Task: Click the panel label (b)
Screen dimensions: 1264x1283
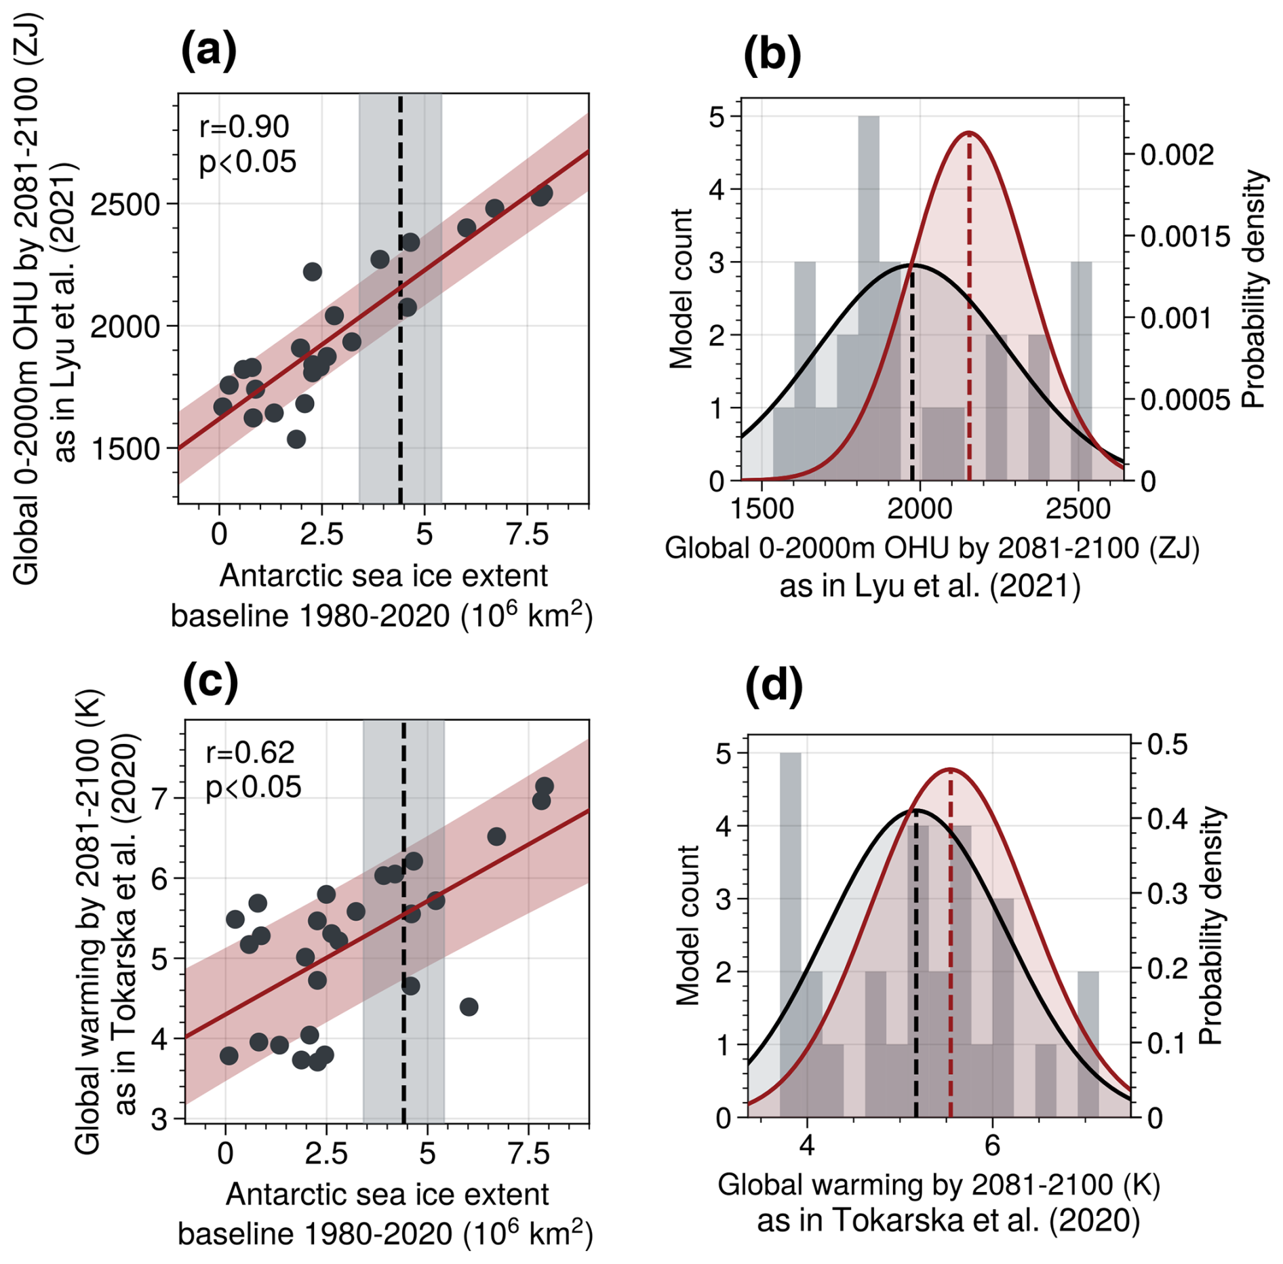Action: pyautogui.click(x=772, y=55)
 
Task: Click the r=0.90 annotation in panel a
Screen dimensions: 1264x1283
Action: pyautogui.click(x=244, y=127)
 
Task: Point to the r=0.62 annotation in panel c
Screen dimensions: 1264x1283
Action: pyautogui.click(x=250, y=753)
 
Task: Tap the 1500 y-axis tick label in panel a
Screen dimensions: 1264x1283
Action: pyautogui.click(x=125, y=449)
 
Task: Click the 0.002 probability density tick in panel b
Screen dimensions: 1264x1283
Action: pyautogui.click(x=1177, y=155)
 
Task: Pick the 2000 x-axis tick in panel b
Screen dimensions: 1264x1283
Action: pyautogui.click(x=920, y=508)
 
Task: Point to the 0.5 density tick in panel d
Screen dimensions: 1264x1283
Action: pyautogui.click(x=1167, y=744)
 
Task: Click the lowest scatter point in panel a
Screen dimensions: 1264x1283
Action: pyautogui.click(x=296, y=439)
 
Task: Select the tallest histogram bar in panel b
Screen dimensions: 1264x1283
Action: pyautogui.click(x=868, y=298)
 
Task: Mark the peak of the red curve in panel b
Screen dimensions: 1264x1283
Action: pyautogui.click(x=969, y=133)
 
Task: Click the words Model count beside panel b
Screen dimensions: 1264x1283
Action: pyautogui.click(x=681, y=289)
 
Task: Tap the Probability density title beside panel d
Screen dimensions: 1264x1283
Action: pyautogui.click(x=1210, y=926)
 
